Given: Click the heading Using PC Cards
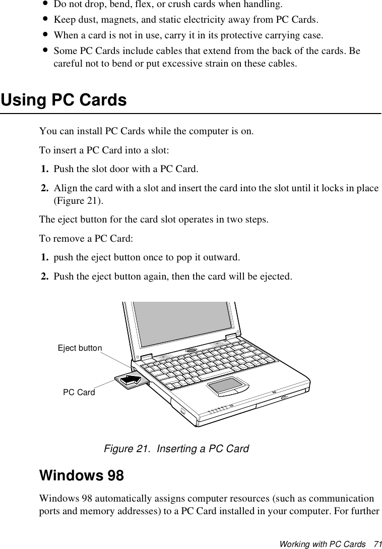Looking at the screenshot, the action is [64, 100].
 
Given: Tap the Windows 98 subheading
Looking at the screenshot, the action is [81, 476].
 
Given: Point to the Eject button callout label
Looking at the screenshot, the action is [80, 348].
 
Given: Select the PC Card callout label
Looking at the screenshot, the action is [79, 392].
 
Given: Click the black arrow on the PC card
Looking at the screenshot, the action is [132, 379].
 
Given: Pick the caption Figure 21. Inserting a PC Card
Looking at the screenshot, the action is [176, 449].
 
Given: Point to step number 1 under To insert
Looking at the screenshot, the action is [45, 168].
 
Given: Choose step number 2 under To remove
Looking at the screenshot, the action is [45, 277].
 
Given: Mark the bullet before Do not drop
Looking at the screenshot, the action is [46, 5].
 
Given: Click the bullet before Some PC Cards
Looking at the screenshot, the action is [46, 51].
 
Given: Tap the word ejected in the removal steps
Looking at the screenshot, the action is [274, 277].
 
